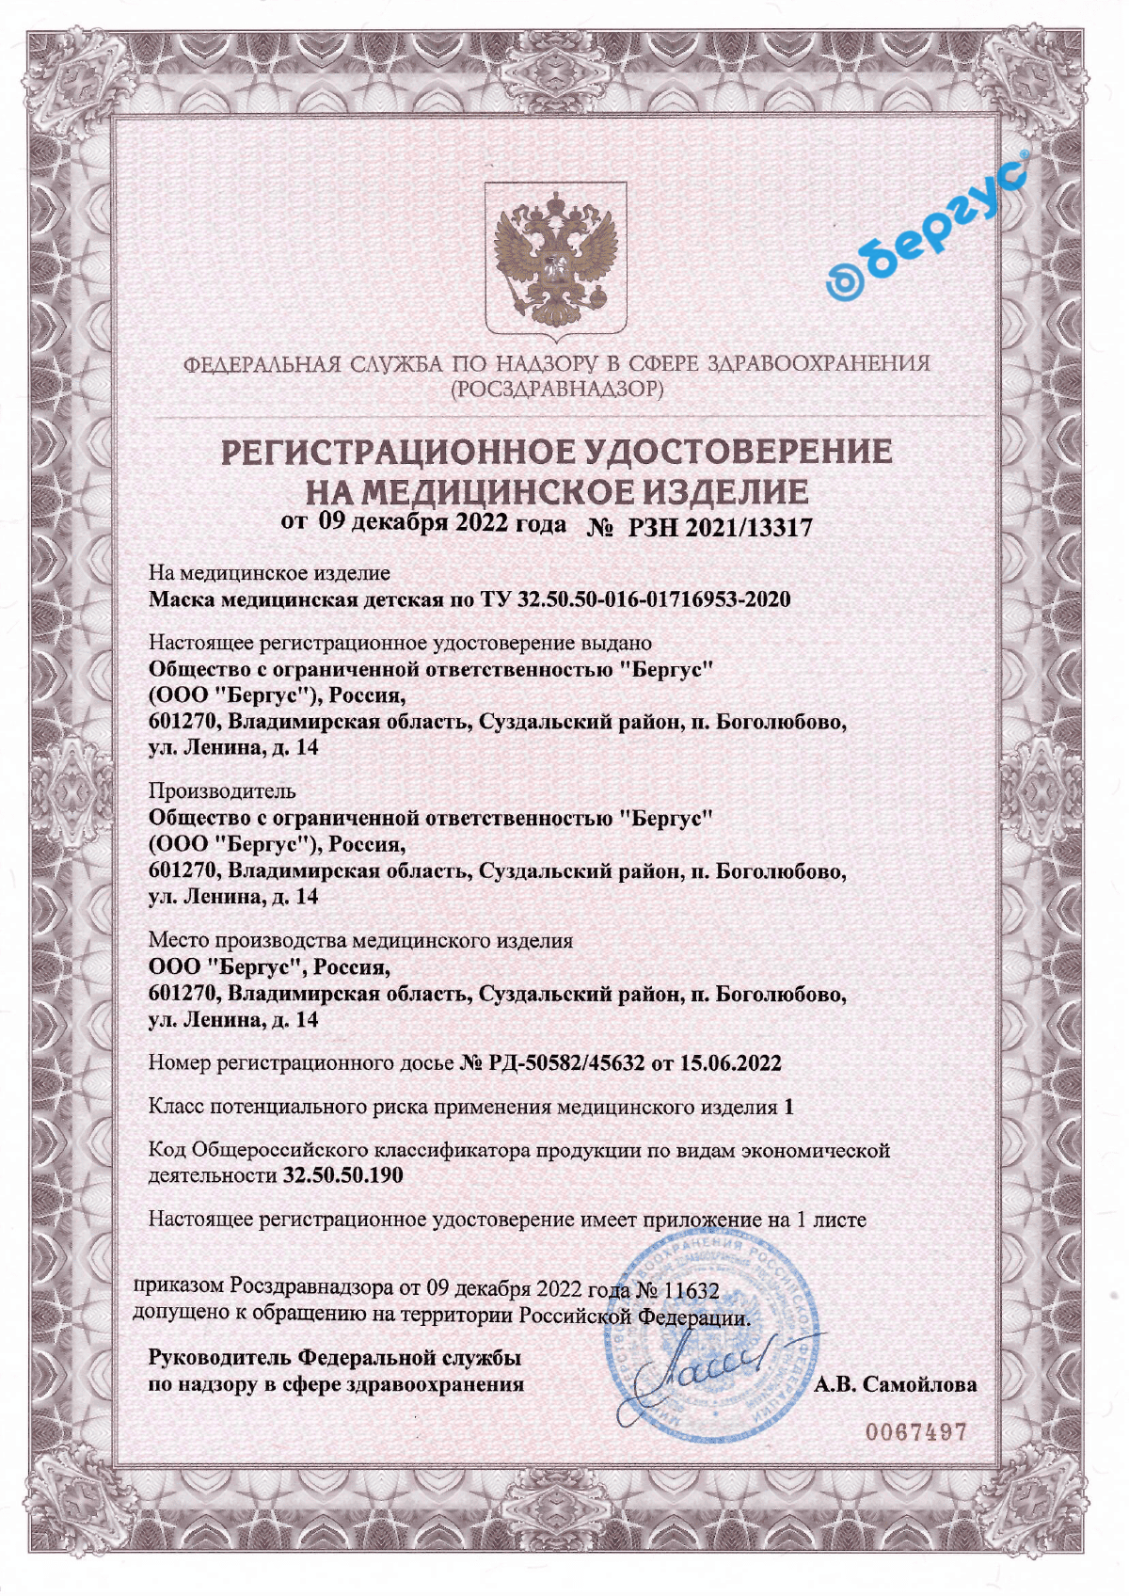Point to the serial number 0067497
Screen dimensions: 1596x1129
pyautogui.click(x=915, y=1432)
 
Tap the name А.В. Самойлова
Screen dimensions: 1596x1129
pyautogui.click(x=895, y=1384)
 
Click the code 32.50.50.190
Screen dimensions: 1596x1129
pyautogui.click(x=342, y=1175)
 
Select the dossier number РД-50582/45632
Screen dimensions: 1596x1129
pyautogui.click(x=567, y=1063)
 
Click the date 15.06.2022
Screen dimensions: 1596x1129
pyautogui.click(x=730, y=1063)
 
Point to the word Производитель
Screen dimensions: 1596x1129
pyautogui.click(x=222, y=790)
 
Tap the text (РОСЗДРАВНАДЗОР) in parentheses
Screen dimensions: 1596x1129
pyautogui.click(x=557, y=389)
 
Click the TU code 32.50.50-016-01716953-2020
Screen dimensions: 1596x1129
pyautogui.click(x=654, y=599)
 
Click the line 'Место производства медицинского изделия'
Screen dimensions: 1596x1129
pyautogui.click(x=360, y=940)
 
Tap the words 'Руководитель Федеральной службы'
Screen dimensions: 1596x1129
pyautogui.click(x=335, y=1358)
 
